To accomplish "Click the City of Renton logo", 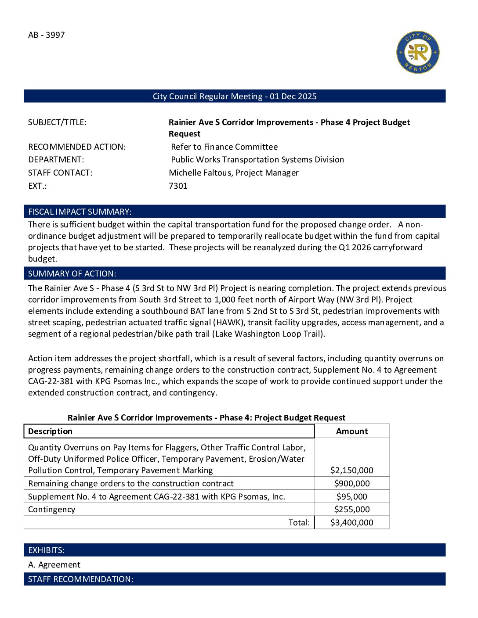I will [418, 52].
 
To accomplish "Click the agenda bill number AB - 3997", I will [47, 35].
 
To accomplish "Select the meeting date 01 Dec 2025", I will [293, 97].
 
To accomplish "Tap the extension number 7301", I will [178, 186].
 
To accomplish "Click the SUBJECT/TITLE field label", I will [58, 122].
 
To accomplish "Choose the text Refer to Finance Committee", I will [224, 147].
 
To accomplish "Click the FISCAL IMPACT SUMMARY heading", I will [80, 212].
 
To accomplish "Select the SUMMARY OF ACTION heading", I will [72, 274].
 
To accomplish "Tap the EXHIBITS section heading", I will [46, 550].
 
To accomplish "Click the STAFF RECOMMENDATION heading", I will [80, 579].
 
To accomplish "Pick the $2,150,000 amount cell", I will [351, 471].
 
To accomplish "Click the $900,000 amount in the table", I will [351, 484].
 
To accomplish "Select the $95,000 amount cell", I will [351, 497].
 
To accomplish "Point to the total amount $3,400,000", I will [351, 523].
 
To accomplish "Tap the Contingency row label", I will [52, 510].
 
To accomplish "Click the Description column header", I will [51, 431].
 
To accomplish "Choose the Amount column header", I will [351, 431].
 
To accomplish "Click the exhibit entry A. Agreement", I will [54, 565].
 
